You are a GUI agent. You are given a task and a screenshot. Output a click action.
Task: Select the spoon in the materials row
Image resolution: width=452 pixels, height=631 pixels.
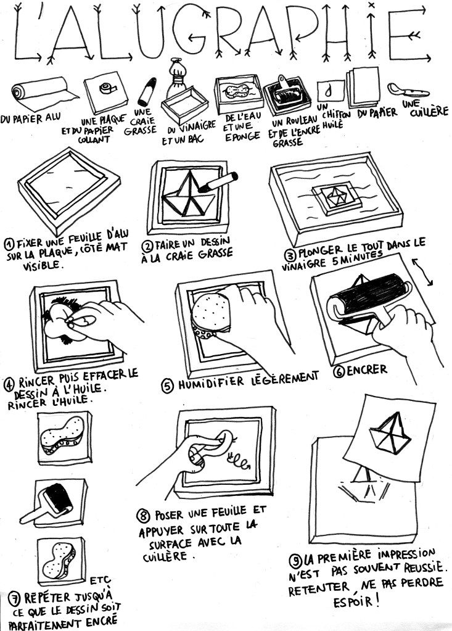(x=407, y=90)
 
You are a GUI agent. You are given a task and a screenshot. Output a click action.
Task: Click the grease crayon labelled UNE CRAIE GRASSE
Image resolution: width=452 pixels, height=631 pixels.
(x=147, y=92)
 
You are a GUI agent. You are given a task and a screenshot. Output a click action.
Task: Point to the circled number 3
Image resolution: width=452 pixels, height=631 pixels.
(x=290, y=255)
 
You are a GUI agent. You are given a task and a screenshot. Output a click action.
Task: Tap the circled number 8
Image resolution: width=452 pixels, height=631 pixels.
(x=143, y=516)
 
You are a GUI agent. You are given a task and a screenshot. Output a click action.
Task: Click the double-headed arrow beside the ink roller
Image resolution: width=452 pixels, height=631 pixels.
(x=422, y=272)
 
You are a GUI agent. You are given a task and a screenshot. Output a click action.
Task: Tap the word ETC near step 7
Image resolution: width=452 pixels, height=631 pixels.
(x=99, y=580)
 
